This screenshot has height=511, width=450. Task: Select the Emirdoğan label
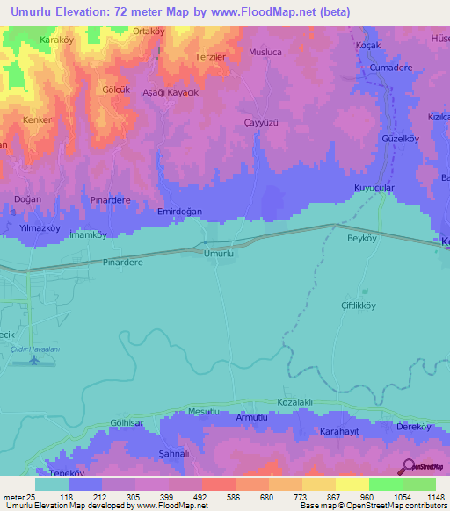(179, 212)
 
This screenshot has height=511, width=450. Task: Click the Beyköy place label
(361, 238)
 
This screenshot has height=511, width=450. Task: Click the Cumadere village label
(391, 67)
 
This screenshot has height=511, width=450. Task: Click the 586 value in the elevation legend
(218, 496)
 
